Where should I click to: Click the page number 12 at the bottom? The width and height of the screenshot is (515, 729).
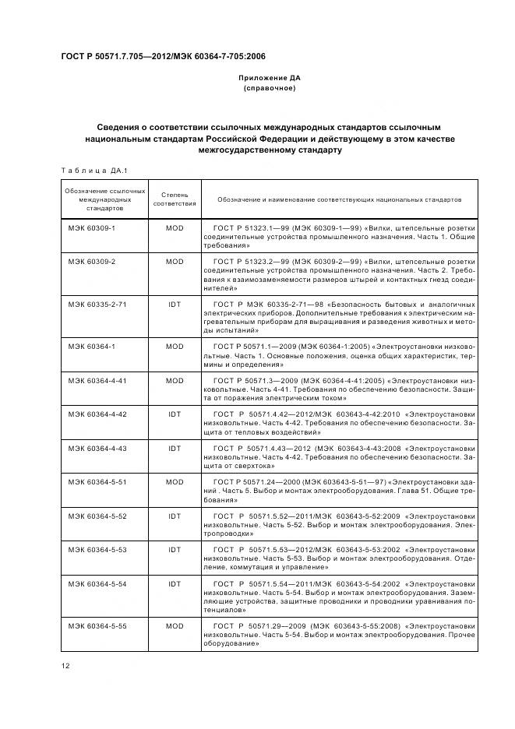(64, 664)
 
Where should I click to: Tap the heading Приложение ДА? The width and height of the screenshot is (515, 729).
(269, 79)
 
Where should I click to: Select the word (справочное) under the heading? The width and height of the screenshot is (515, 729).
(269, 89)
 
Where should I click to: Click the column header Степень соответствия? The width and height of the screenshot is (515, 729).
(175, 199)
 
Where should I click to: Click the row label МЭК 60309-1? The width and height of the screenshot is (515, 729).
(91, 228)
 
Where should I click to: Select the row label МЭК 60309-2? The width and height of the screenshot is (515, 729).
(91, 262)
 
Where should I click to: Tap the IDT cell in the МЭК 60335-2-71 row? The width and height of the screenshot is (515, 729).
(175, 304)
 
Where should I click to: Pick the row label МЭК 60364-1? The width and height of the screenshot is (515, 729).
(91, 346)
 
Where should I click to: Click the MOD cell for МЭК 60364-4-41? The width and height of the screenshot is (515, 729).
(175, 381)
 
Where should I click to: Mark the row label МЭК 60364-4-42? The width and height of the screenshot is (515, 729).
(97, 414)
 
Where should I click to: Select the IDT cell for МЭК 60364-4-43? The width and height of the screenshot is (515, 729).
(175, 449)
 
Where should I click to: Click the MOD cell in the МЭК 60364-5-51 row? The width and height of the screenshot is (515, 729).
(175, 482)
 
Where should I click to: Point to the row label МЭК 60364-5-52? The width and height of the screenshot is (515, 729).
(97, 516)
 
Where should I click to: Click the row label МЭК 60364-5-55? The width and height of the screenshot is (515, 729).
(97, 625)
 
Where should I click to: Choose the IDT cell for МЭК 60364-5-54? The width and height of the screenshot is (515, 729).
(175, 583)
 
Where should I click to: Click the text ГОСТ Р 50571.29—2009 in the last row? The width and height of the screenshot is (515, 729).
(262, 625)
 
